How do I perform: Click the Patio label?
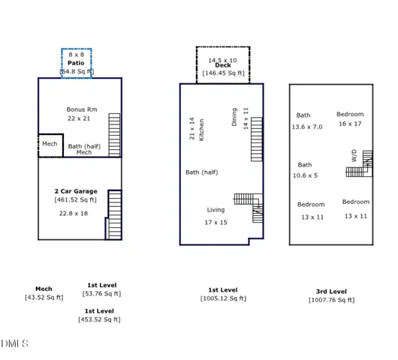(76, 64)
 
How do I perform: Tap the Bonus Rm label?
(81, 109)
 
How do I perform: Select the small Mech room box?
(50, 145)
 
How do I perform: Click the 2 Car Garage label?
(75, 191)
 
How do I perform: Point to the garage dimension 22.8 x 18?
(74, 213)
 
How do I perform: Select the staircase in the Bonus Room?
(114, 133)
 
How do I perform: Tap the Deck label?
(222, 65)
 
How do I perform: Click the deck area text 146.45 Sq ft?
(224, 73)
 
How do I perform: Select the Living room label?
(216, 210)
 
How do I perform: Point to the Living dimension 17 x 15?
(216, 223)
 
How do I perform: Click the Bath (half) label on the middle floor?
(201, 172)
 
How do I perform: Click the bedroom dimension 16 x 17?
(350, 124)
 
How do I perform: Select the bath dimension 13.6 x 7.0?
(306, 127)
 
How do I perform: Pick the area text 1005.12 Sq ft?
(223, 298)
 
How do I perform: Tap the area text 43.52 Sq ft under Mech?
(44, 298)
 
